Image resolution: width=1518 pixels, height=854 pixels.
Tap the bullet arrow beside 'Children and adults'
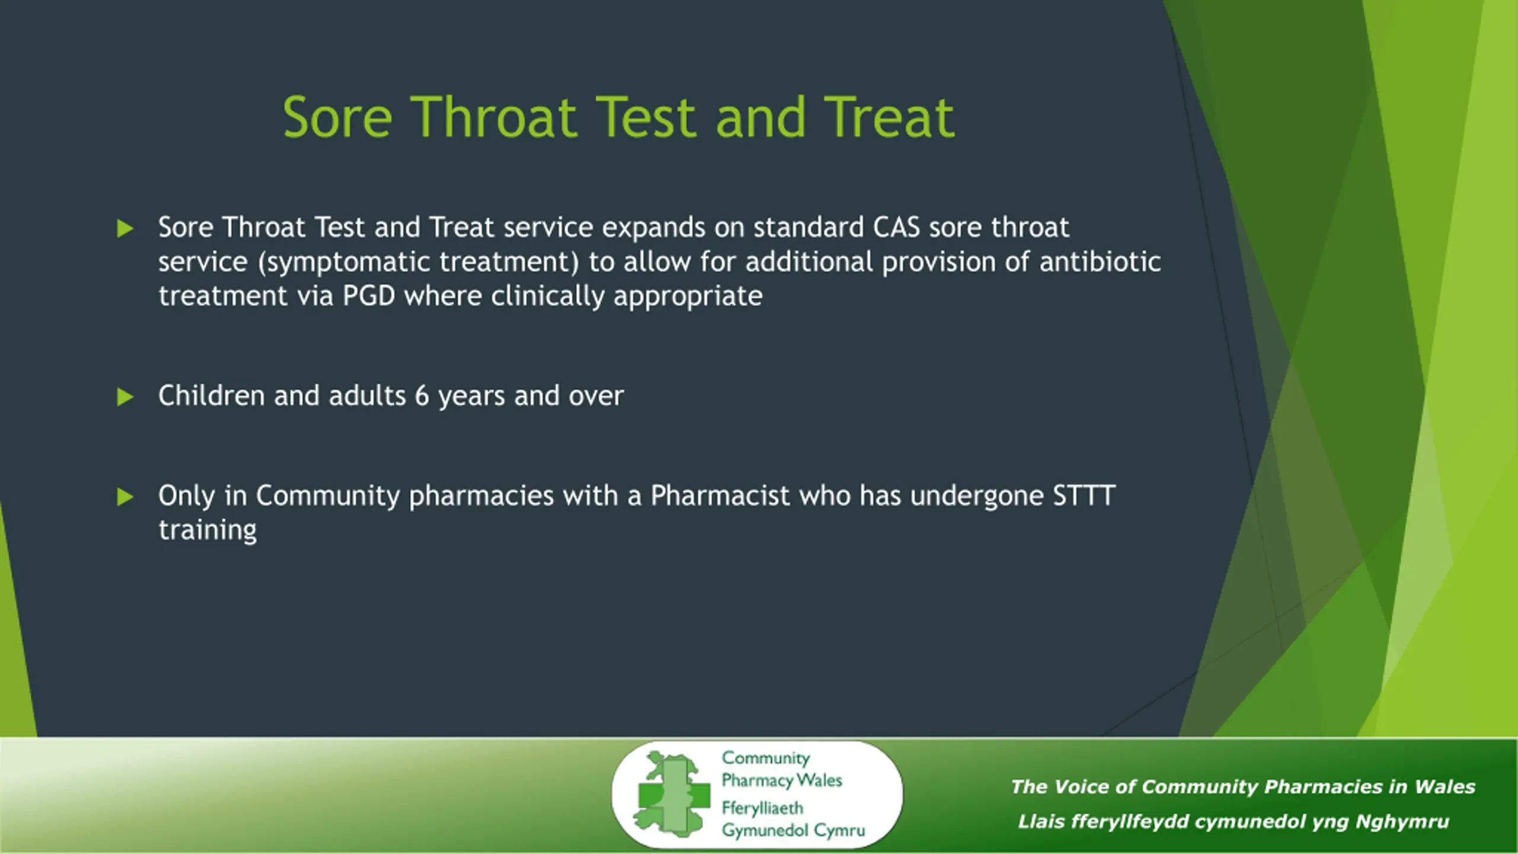point(125,397)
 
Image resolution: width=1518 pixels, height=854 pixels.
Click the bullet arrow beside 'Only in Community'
point(125,496)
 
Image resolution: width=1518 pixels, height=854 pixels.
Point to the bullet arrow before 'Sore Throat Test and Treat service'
point(125,228)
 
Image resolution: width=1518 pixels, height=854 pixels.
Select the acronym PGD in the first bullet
point(369,296)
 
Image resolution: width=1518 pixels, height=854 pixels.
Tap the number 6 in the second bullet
point(422,396)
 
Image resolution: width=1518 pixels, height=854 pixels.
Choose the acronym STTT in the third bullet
point(1084,496)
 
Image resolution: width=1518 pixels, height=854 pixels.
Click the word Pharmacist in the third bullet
point(720,496)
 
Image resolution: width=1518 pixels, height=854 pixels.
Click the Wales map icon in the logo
point(671,794)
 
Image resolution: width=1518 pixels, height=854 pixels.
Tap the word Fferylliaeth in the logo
point(763,808)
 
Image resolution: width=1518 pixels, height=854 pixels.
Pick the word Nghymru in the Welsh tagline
point(1402,822)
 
